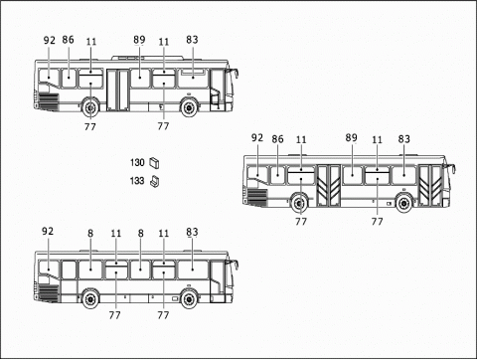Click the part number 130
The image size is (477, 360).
pyautogui.click(x=137, y=162)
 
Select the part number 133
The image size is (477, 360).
pyautogui.click(x=137, y=181)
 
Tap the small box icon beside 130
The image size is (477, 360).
pyautogui.click(x=154, y=162)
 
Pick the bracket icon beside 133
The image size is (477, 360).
pyautogui.click(x=154, y=181)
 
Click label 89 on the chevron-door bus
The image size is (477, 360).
pyautogui.click(x=351, y=139)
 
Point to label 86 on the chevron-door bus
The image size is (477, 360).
pyautogui.click(x=277, y=139)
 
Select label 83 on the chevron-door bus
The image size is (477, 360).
pyautogui.click(x=404, y=139)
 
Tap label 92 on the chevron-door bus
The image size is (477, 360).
pyautogui.click(x=257, y=138)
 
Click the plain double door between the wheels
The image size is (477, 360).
pyautogui.click(x=119, y=89)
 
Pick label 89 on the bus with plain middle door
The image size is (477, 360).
pyautogui.click(x=139, y=41)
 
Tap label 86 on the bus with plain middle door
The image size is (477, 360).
pyautogui.click(x=68, y=41)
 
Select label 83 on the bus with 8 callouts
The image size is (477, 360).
pyautogui.click(x=192, y=232)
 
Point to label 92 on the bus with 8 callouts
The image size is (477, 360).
pyautogui.click(x=48, y=232)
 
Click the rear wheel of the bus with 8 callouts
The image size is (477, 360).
pyautogui.click(x=90, y=297)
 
